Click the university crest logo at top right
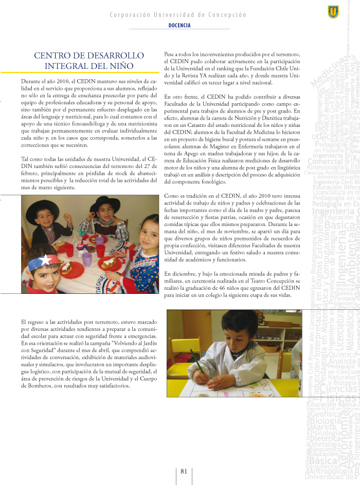pos(333,11)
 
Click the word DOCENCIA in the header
pos(179,25)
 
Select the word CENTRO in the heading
pos(51,55)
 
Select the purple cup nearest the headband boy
pos(87,258)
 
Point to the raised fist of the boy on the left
pos(66,217)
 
